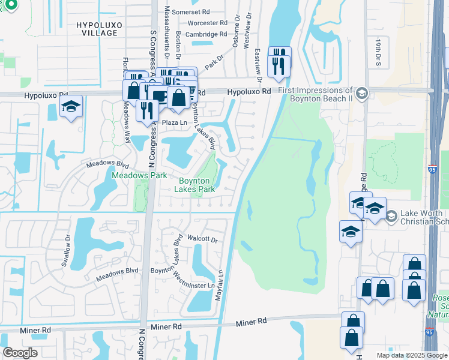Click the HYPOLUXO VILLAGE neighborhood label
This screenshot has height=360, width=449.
pos(97,28)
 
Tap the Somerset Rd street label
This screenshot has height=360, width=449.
pos(190,12)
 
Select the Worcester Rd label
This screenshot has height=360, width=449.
pos(207,23)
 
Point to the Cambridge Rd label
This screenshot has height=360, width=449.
pos(206,34)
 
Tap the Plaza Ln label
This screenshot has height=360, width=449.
pos(176,122)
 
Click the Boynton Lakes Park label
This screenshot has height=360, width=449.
pos(194,185)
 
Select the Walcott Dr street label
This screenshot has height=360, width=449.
pos(201,239)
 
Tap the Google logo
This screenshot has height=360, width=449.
pos(19,352)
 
